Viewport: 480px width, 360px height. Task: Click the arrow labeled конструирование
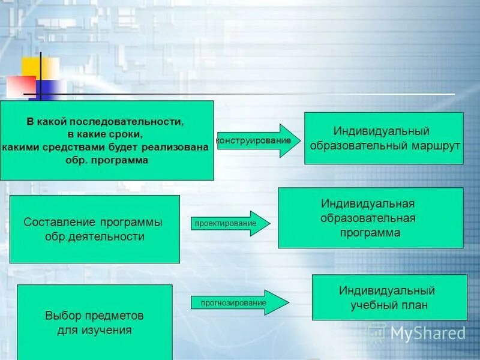click(x=258, y=140)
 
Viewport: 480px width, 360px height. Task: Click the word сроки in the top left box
click(x=125, y=134)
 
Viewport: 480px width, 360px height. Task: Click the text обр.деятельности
click(x=95, y=236)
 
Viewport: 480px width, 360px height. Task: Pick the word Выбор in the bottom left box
click(x=60, y=315)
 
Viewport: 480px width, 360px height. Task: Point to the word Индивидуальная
click(x=368, y=204)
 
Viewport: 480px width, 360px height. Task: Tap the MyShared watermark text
click(x=427, y=332)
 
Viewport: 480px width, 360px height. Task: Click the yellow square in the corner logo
click(x=49, y=68)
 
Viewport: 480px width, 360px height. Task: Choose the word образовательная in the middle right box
click(x=368, y=218)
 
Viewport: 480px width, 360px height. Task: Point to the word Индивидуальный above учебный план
click(x=386, y=291)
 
